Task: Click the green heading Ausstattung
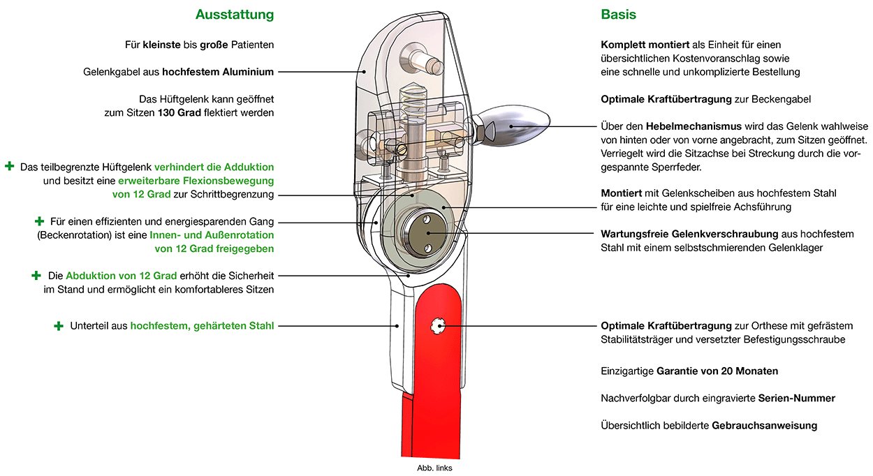235,15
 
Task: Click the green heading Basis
618,15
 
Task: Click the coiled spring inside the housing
414,102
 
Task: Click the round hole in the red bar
438,326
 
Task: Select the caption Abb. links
434,468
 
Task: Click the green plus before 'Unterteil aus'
59,326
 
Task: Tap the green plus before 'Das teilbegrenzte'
9,167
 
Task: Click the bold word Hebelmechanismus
694,126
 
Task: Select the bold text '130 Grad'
179,113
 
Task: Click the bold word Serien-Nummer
797,398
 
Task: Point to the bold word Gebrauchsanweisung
764,425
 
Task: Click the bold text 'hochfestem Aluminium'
218,72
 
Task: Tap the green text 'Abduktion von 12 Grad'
122,276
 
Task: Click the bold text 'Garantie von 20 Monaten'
717,371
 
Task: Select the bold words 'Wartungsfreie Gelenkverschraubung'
689,234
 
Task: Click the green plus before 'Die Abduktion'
36,276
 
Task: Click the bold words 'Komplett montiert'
645,45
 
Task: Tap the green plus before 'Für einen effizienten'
39,221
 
